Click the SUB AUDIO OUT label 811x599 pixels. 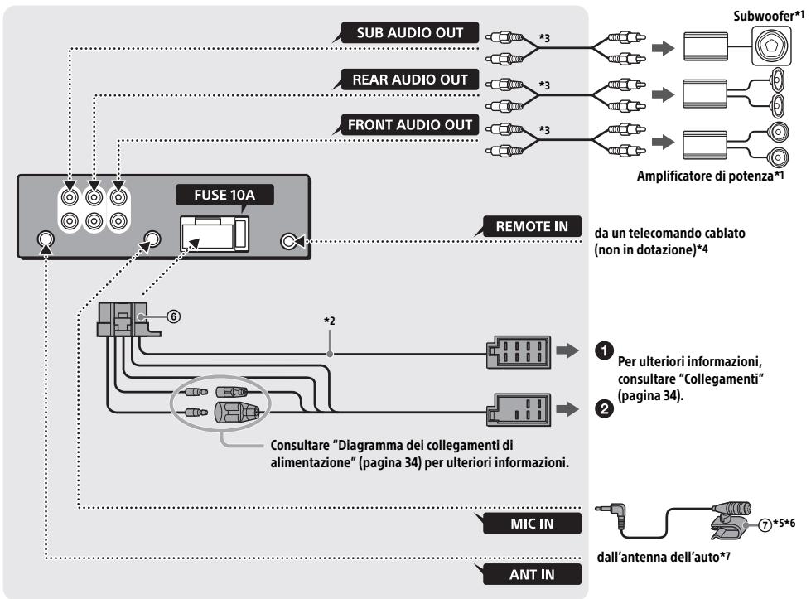(409, 32)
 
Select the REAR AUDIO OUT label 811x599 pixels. (409, 80)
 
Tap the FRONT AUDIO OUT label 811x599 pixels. (409, 125)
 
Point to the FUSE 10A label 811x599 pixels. (224, 195)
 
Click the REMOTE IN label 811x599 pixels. (532, 226)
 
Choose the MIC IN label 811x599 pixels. (532, 524)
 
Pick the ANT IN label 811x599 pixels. (532, 574)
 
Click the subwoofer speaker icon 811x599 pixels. (771, 46)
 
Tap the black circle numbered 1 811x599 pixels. (604, 350)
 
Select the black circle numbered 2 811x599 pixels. (604, 409)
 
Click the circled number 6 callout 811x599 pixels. (174, 316)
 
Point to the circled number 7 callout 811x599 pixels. (765, 524)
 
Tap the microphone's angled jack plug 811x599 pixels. (611, 515)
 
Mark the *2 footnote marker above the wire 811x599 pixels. (330, 321)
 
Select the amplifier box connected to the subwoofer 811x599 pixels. (705, 46)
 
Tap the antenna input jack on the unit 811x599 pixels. (46, 239)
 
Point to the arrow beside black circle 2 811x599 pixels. (567, 409)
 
